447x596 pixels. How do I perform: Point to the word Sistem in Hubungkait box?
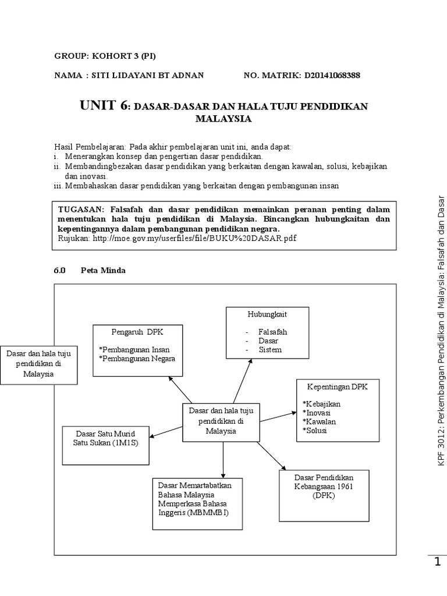pyautogui.click(x=271, y=349)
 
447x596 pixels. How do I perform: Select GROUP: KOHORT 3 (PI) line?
pyautogui.click(x=105, y=56)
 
